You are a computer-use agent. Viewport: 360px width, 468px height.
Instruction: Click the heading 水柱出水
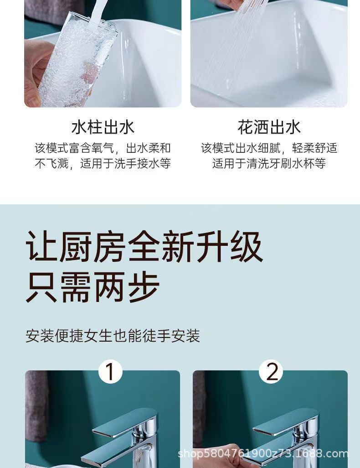103,127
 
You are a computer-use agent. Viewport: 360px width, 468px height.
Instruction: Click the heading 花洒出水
269,127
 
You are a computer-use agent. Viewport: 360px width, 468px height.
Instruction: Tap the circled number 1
110,372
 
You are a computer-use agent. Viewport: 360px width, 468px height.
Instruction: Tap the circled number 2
271,372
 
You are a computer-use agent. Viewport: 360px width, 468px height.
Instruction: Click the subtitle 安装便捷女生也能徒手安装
113,337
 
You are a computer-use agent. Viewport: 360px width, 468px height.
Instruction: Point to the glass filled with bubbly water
77,59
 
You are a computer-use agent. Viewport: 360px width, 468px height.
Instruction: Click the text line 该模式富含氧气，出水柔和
103,148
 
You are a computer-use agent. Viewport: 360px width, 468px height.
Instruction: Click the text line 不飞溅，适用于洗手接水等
103,164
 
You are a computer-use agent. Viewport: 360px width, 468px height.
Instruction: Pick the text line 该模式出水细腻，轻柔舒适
269,148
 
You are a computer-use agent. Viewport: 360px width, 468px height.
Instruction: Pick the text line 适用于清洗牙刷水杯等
269,164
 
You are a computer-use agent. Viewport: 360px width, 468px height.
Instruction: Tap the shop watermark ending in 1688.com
263,454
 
